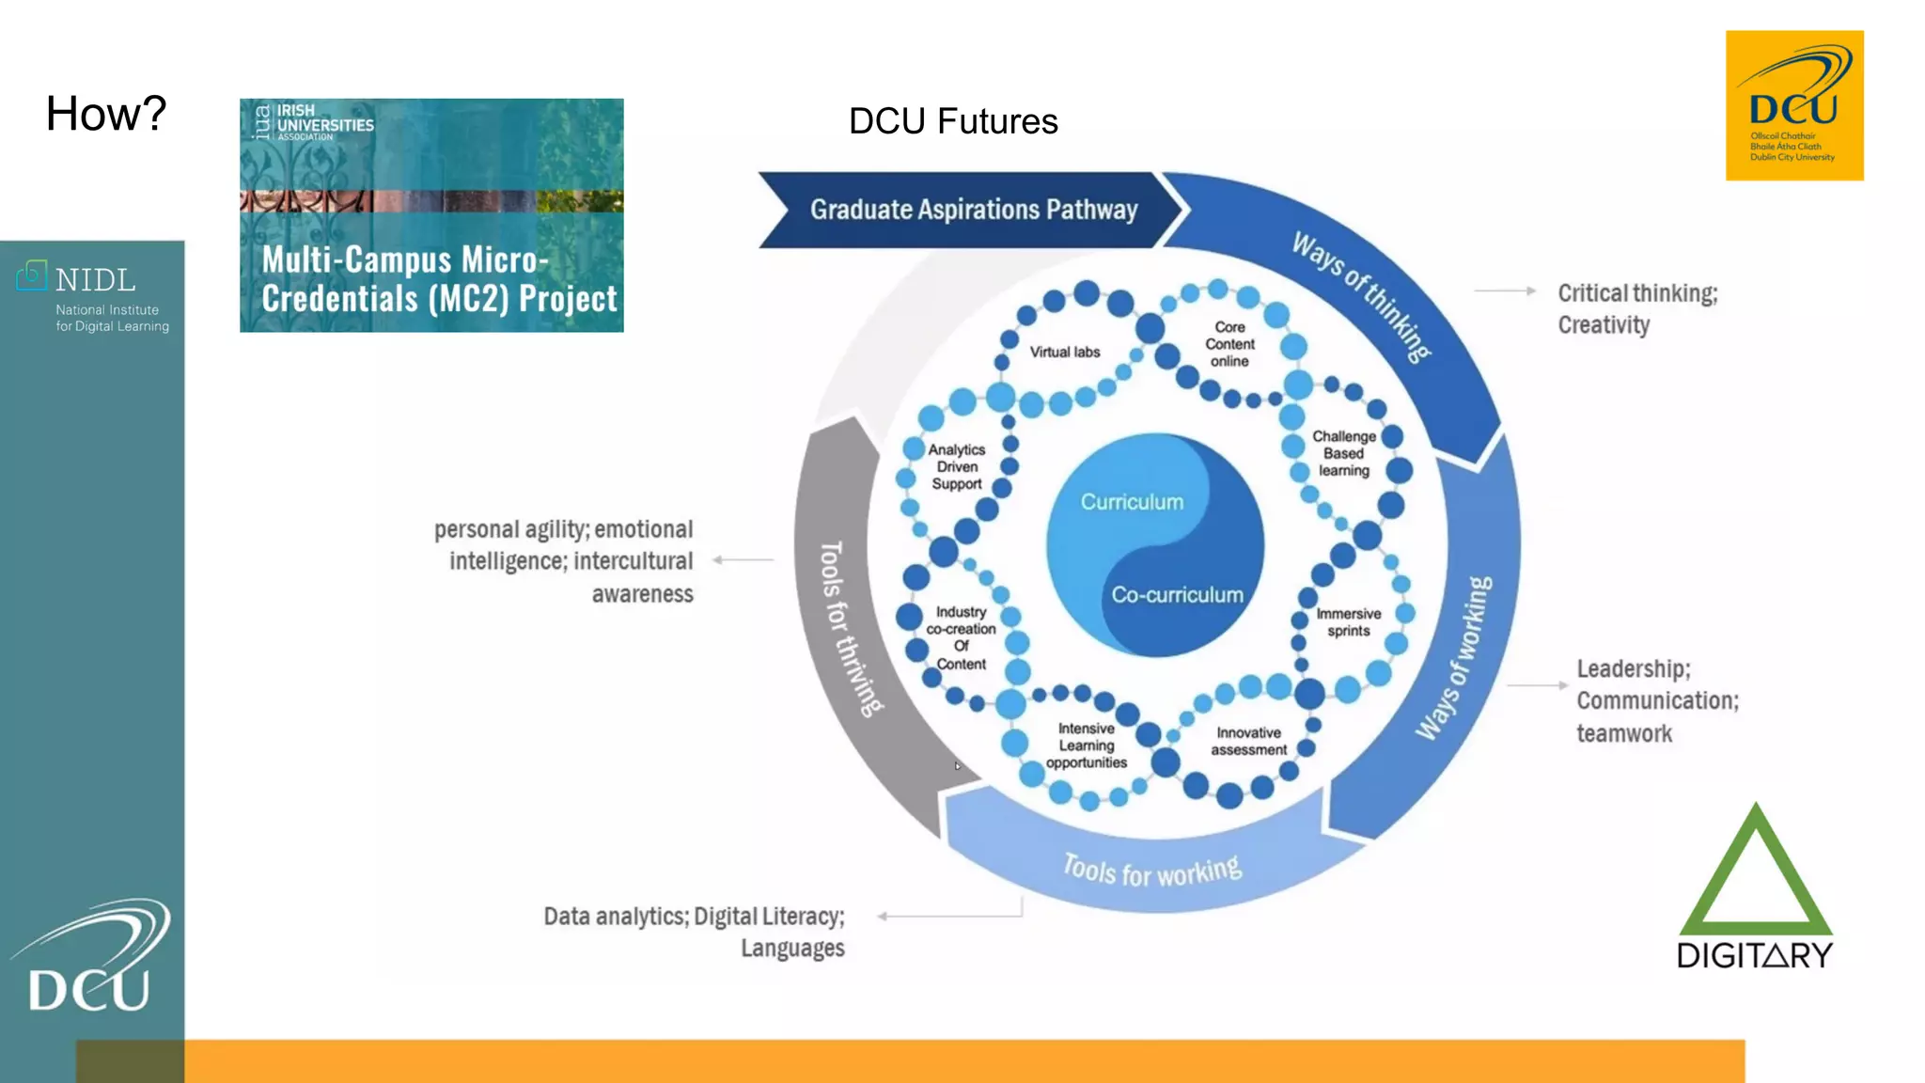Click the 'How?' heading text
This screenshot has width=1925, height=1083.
click(106, 114)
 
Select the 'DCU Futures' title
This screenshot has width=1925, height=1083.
click(953, 121)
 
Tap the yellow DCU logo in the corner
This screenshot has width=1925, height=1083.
click(1793, 105)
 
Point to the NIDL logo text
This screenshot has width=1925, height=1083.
click(95, 280)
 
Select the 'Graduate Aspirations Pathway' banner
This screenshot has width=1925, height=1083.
click(974, 210)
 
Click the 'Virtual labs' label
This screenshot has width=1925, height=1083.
click(1064, 352)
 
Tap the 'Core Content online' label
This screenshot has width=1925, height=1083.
click(1229, 344)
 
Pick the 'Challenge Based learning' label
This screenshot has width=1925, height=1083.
click(1344, 453)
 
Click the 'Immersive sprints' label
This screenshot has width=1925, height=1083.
click(1349, 622)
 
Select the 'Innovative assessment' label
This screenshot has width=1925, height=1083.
click(1248, 741)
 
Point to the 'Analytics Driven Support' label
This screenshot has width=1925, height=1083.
click(957, 466)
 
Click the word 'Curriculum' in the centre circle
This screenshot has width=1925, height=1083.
click(1132, 502)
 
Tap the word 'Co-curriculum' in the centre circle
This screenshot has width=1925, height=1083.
click(1177, 595)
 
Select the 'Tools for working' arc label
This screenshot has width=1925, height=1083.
click(1152, 870)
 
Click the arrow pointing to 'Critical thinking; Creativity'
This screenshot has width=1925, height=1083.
click(1504, 291)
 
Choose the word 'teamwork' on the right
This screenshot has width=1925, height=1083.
click(1624, 734)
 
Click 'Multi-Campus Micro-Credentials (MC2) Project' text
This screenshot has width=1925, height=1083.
click(439, 279)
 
